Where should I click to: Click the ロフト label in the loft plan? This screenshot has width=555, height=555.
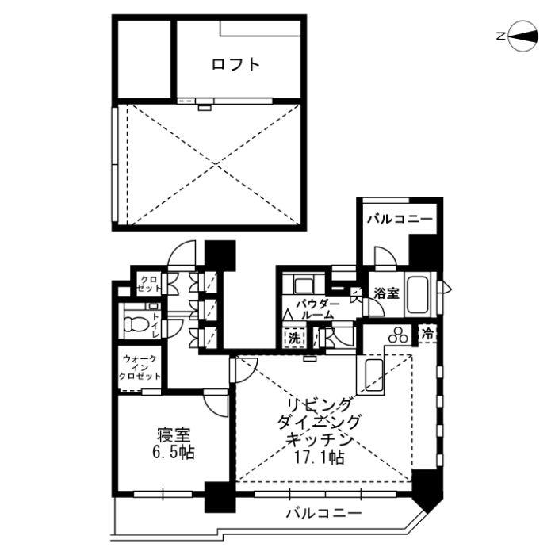point(235,64)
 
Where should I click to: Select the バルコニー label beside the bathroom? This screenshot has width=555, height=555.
point(399,218)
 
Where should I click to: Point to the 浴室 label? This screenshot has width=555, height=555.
point(387,293)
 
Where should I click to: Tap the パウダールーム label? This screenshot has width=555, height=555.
point(317,309)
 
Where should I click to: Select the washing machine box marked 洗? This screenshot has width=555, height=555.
point(294,337)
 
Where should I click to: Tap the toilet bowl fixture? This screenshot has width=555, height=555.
point(136,323)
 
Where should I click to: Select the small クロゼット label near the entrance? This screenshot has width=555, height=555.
point(147,284)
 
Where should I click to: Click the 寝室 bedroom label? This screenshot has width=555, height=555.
point(174,434)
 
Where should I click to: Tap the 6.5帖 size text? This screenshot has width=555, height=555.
point(174,454)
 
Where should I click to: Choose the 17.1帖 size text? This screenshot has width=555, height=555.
point(320,457)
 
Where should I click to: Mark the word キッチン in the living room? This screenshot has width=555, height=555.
point(320,439)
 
